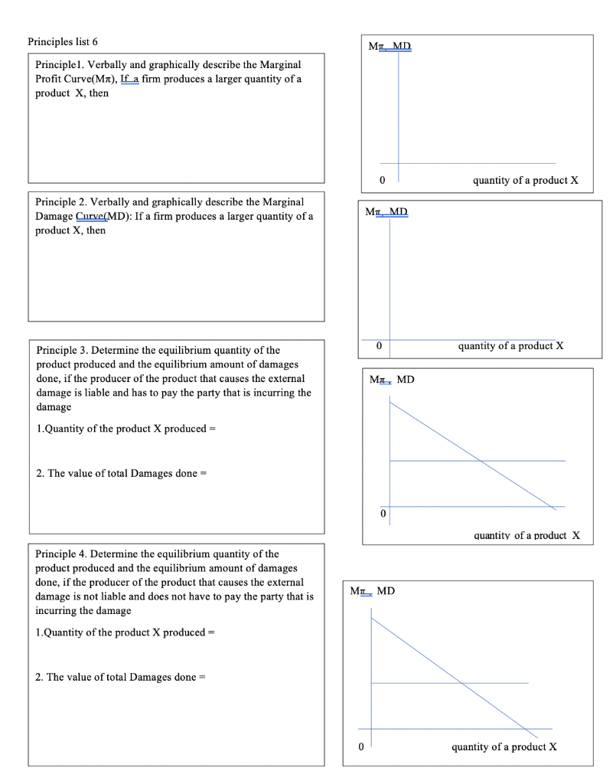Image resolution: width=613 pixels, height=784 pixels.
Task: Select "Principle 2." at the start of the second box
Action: (64, 201)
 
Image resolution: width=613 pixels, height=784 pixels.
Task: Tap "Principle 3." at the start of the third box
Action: (64, 351)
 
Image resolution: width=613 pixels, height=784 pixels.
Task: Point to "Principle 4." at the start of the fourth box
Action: (64, 554)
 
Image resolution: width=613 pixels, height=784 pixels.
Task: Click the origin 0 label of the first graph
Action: (383, 181)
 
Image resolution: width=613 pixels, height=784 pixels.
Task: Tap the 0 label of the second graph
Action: (378, 346)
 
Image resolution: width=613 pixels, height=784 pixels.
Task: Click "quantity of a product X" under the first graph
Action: (526, 181)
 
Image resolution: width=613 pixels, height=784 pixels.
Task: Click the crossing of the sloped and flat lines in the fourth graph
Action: (461, 683)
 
